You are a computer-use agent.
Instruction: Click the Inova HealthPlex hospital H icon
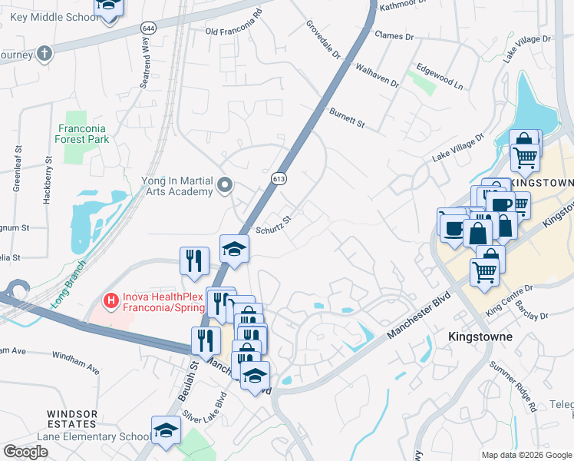click(110, 299)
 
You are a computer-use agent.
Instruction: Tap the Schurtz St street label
click(274, 224)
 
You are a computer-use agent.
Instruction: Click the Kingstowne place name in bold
click(480, 337)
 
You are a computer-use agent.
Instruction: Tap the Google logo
click(25, 452)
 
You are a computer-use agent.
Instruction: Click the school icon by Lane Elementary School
click(165, 432)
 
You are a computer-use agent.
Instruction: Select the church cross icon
click(45, 54)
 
